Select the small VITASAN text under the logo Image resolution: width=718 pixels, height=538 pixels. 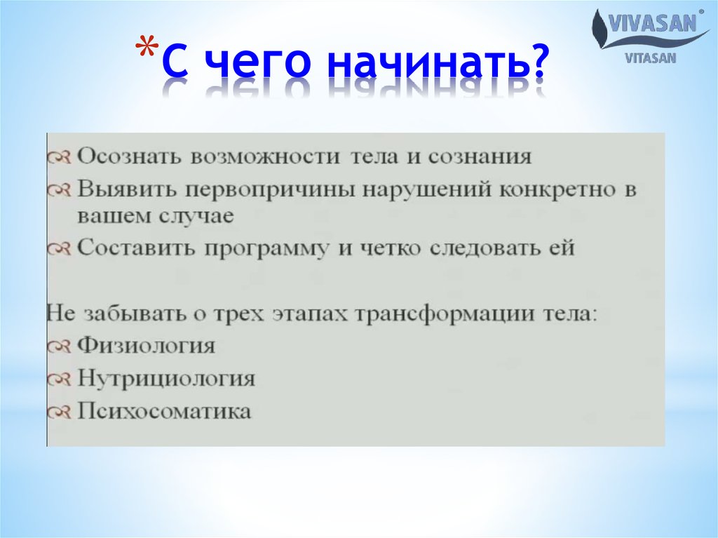coord(651,59)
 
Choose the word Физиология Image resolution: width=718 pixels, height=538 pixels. coord(146,346)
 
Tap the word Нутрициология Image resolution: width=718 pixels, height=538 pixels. coord(165,379)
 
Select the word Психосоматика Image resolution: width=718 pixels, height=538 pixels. coord(163,411)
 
